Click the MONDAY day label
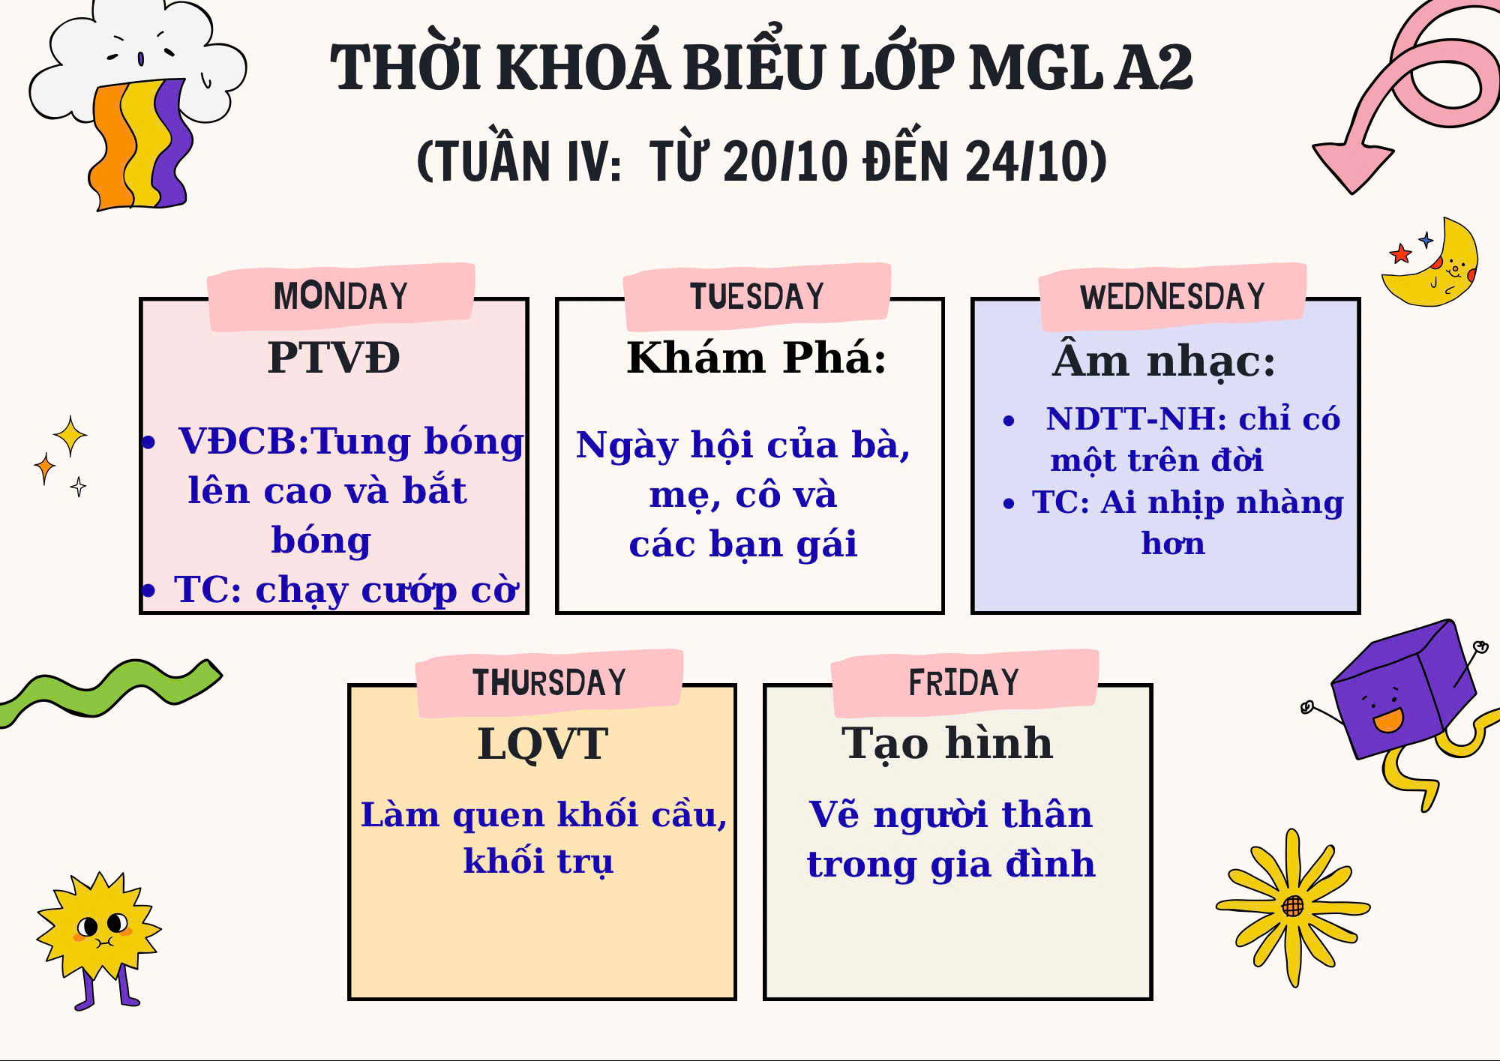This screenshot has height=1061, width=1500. click(x=340, y=296)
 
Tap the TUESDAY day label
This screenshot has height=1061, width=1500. click(x=757, y=296)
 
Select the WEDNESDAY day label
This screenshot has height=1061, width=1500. click(x=1172, y=296)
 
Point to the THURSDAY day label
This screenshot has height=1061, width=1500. click(x=549, y=682)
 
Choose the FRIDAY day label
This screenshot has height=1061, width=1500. click(x=964, y=682)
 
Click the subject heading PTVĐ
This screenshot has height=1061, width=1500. click(x=334, y=357)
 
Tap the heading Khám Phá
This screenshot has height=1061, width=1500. click(x=757, y=357)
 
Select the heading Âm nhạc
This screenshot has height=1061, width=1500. click(x=1163, y=360)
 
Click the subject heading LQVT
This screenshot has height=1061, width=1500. click(x=542, y=744)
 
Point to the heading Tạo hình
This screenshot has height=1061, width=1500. click(x=947, y=744)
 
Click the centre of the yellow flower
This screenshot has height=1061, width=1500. click(x=1292, y=907)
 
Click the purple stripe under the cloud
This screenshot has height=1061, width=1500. click(x=172, y=142)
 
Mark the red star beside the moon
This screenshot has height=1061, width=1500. click(x=1400, y=253)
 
